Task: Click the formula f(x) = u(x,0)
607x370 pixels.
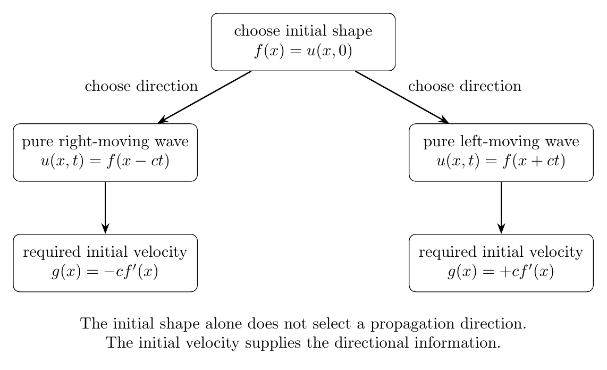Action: tap(303, 51)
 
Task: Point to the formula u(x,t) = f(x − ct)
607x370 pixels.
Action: tap(105, 161)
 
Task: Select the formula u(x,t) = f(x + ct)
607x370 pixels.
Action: tap(501, 161)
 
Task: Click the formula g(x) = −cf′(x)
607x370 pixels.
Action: tap(105, 272)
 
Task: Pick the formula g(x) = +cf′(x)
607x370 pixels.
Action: tap(501, 272)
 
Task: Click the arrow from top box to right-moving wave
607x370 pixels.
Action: tap(205, 97)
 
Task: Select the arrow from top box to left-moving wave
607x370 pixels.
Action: tap(402, 97)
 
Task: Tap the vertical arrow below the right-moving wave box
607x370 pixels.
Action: tap(105, 207)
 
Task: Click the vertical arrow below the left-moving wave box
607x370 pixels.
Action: tap(501, 207)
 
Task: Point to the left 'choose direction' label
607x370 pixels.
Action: tap(141, 86)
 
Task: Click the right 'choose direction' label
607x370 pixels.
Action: tap(465, 86)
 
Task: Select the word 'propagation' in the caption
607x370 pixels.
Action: tap(412, 324)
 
